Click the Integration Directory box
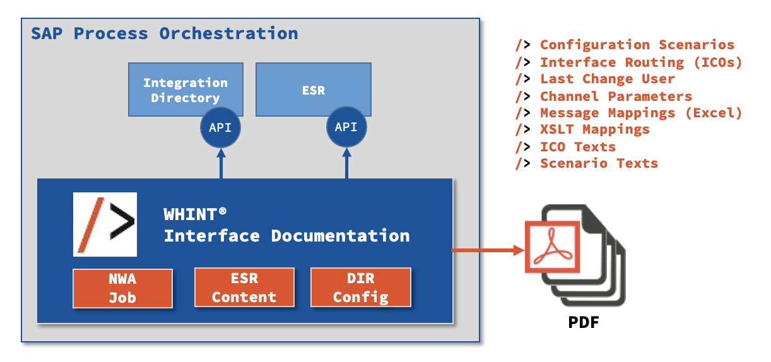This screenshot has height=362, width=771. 185,89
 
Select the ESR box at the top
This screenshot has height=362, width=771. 313,89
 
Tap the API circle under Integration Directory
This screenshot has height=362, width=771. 220,127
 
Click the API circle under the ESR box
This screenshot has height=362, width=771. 346,127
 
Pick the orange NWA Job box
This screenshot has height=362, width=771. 122,288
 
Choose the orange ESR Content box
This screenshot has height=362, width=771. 244,288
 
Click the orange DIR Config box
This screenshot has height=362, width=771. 361,288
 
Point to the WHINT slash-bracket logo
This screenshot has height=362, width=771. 105,225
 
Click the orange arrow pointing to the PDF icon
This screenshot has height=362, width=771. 488,250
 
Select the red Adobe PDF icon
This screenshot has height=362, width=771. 553,247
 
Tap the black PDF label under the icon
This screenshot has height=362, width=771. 583,324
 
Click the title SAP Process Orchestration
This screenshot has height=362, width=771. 165,33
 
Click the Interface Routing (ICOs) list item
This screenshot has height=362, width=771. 640,62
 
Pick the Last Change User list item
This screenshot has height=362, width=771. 607,79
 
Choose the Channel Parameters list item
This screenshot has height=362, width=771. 616,96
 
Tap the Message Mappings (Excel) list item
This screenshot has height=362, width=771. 640,113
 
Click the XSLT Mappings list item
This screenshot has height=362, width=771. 594,130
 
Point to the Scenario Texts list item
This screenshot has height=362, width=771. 598,163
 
